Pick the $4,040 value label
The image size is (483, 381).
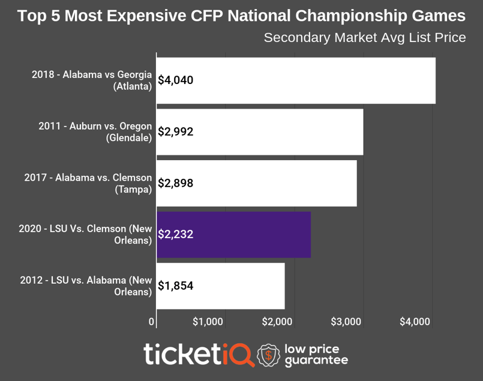175,80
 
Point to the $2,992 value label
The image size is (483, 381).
175,132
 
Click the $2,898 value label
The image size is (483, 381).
175,184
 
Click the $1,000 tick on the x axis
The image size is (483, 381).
208,322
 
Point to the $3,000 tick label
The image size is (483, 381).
346,322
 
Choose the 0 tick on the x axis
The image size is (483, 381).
152,322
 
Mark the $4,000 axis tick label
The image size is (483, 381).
415,322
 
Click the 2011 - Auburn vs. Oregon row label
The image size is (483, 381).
95,132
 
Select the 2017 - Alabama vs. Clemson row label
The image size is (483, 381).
88,184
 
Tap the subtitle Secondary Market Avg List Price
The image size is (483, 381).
365,38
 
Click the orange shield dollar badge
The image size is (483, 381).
268,355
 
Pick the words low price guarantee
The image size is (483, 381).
316,355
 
